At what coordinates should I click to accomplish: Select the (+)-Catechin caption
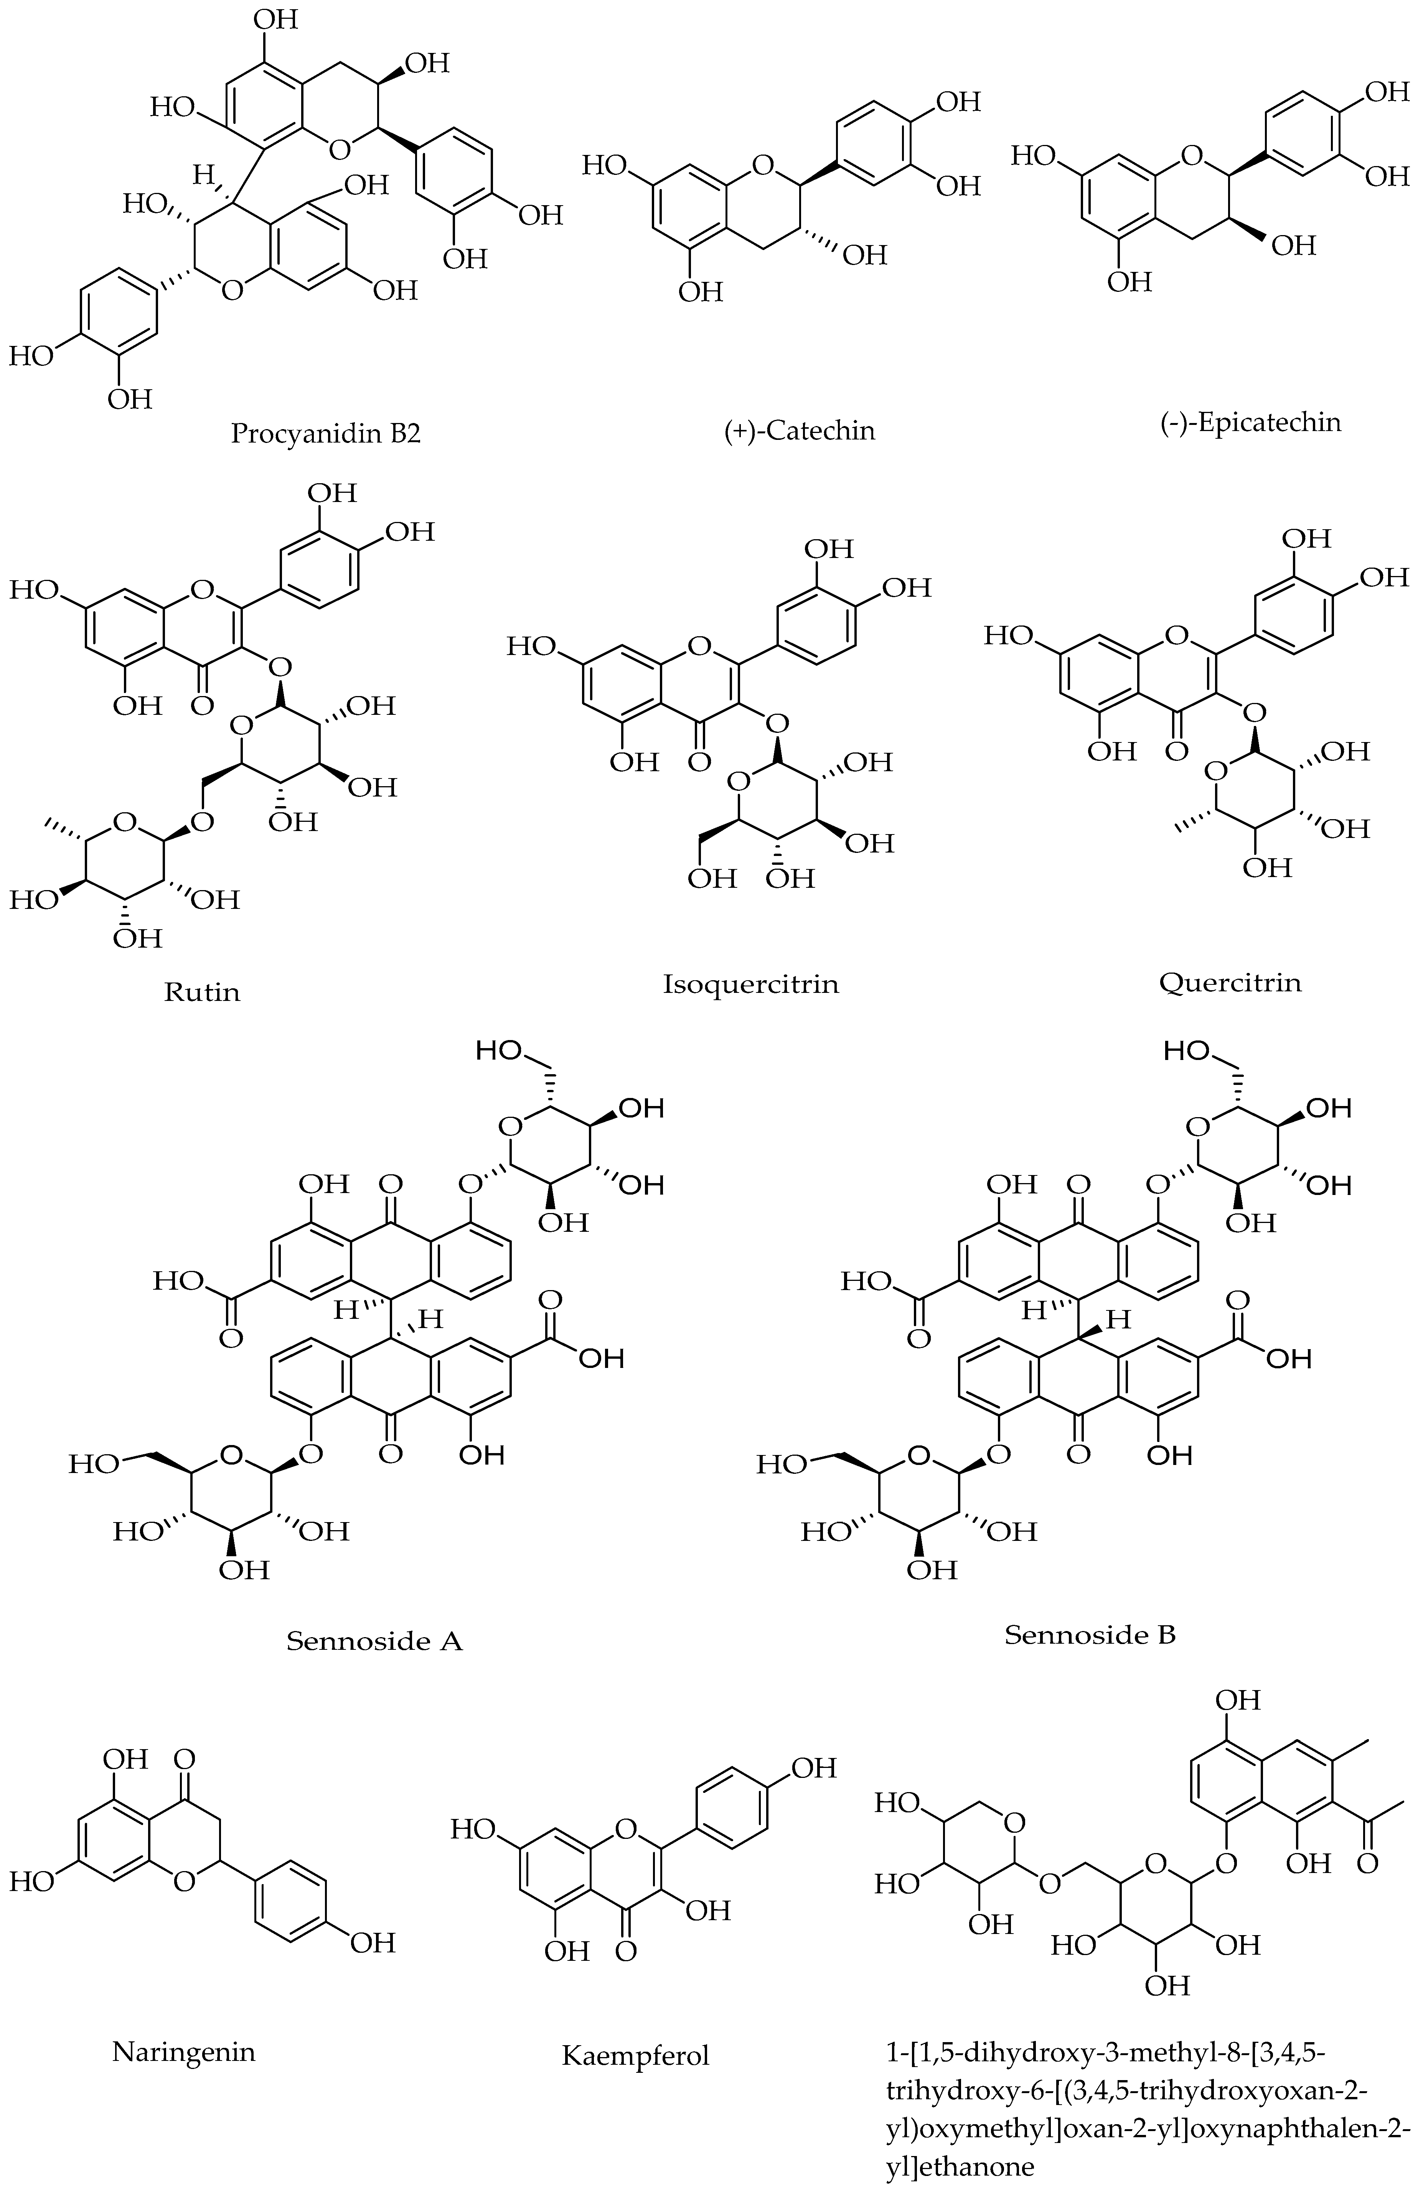[799, 430]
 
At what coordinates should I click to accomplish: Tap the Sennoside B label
[1090, 1634]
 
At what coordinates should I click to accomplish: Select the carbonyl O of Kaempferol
[626, 1950]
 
